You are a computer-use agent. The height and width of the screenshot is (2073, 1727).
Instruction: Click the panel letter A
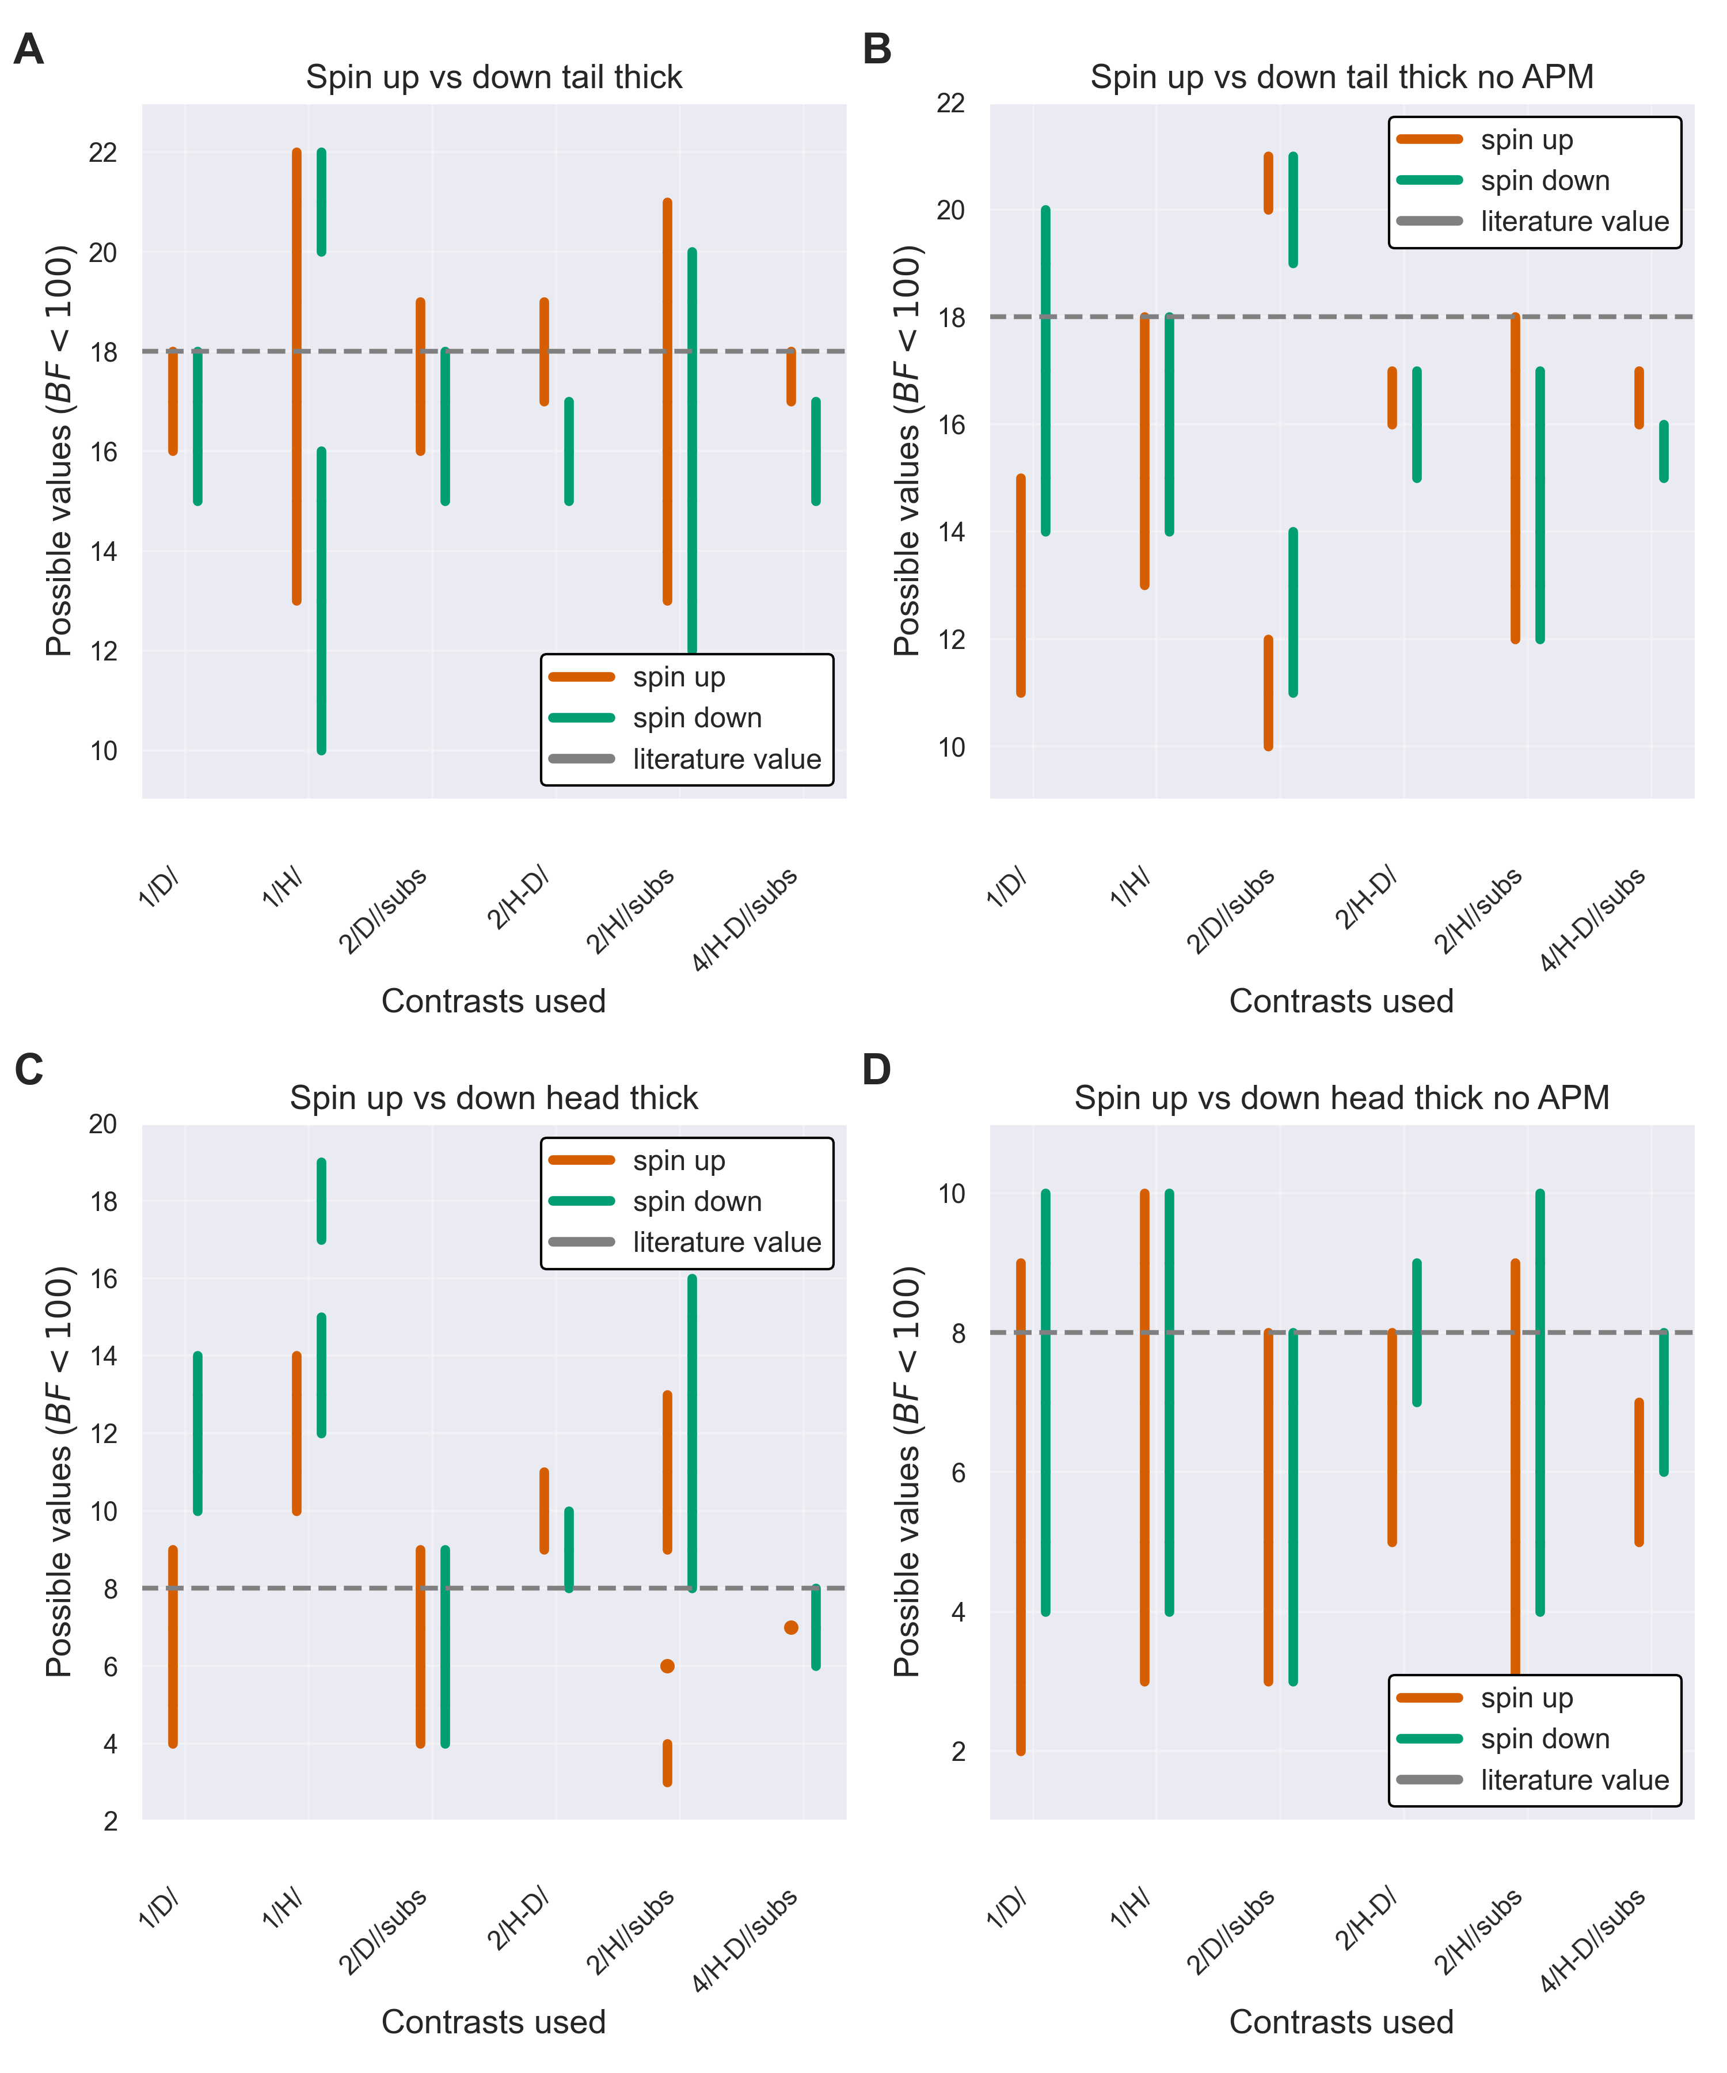tap(29, 50)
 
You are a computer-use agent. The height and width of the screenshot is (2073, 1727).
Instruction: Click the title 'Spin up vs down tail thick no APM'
tap(1341, 77)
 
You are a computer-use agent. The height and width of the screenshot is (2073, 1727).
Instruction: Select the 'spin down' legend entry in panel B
tap(1545, 181)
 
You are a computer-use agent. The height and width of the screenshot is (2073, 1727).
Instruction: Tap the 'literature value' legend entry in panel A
tap(726, 759)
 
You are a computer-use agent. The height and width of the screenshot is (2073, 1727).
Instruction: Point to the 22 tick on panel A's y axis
tap(102, 153)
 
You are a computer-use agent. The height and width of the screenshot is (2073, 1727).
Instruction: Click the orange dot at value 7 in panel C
tap(790, 1628)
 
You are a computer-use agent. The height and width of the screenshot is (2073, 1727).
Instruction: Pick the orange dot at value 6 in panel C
tap(667, 1666)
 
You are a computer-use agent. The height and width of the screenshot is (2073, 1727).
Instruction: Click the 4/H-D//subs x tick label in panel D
tap(1593, 1941)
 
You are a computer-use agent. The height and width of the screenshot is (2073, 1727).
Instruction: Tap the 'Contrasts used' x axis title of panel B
tap(1341, 1001)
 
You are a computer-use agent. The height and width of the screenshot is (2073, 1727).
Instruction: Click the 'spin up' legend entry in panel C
tap(679, 1161)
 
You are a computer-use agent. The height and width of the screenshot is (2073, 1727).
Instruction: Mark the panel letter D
tap(876, 1070)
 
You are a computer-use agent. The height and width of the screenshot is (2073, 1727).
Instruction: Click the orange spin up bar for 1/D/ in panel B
tap(1021, 586)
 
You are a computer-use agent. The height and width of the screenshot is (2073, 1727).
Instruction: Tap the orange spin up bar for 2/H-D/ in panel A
tap(544, 352)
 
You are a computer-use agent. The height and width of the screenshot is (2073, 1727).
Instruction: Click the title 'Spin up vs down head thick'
tap(493, 1098)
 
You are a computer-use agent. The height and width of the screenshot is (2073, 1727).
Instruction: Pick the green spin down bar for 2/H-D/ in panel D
tap(1417, 1332)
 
